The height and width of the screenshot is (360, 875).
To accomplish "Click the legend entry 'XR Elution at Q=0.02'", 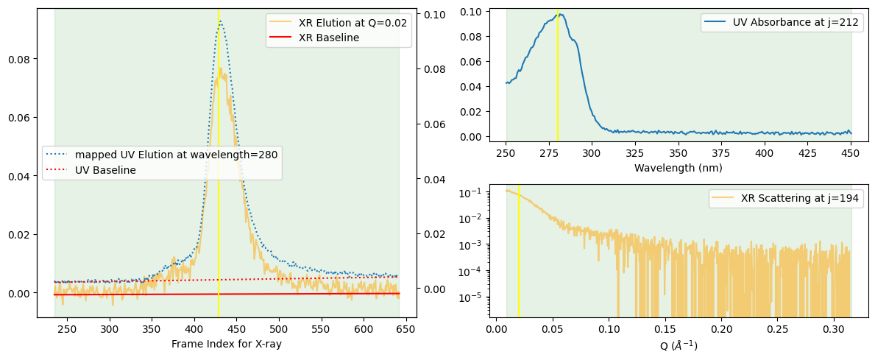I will (353, 23).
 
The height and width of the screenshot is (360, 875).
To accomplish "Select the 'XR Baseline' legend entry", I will (328, 38).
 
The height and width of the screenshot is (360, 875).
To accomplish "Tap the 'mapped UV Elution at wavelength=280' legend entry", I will (175, 155).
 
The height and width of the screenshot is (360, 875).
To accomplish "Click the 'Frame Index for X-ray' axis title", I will (227, 344).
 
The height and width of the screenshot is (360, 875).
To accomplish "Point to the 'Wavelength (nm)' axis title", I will (678, 168).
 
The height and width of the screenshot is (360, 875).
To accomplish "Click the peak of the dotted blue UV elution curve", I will (219, 21).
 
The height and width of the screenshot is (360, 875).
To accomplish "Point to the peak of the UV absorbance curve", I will (560, 14).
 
